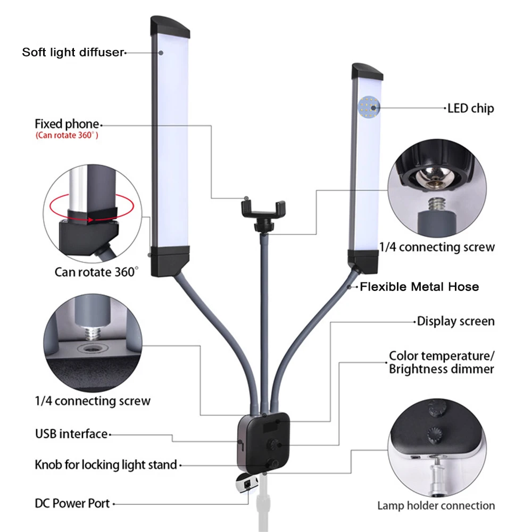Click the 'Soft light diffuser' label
73,52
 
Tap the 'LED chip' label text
470,109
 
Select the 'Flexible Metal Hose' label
419,287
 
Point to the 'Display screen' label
455,321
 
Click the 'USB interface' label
71,434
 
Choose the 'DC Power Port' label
72,503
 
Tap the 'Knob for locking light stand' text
105,464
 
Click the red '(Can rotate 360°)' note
67,136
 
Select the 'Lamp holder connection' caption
436,505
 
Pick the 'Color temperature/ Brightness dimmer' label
441,362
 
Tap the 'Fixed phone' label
66,124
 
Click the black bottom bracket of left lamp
170,261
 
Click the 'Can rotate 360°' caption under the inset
96,272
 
